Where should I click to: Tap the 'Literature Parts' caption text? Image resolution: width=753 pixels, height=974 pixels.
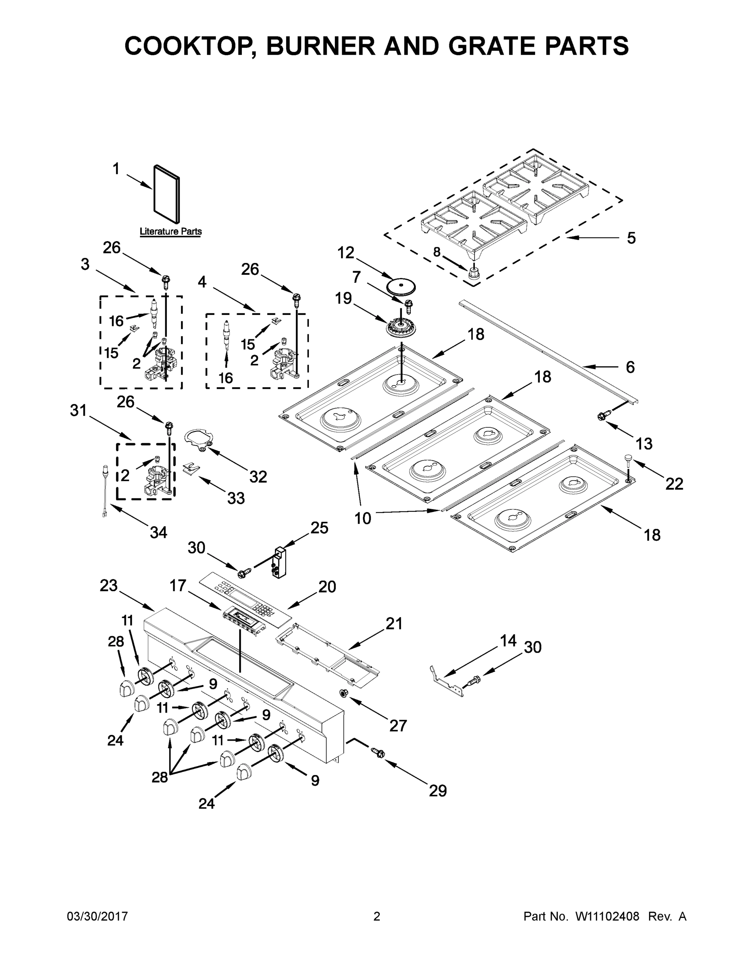170,231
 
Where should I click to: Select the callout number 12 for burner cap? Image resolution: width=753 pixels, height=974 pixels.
345,252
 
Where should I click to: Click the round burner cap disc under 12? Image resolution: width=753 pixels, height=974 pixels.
400,286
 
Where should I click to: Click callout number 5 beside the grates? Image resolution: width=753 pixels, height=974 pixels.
631,238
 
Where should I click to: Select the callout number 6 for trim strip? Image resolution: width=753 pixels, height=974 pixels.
630,367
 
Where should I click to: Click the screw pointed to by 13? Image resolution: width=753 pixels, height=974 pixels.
602,416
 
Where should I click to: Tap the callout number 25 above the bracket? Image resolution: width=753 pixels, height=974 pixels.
319,528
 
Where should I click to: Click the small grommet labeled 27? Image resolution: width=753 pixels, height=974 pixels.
344,693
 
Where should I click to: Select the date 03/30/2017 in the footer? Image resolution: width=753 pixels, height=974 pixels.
97,916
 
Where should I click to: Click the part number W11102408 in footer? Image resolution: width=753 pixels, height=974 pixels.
607,916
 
